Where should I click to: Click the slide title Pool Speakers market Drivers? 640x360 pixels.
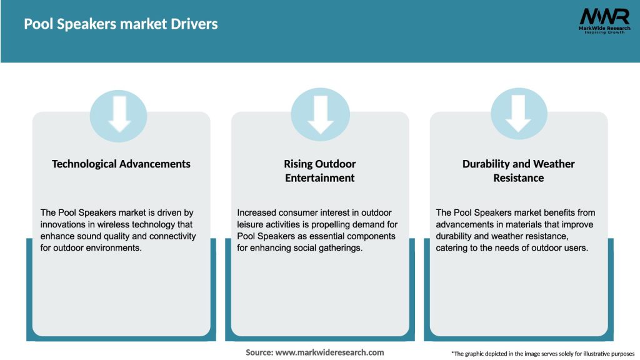(121, 24)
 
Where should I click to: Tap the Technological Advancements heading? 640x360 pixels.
(121, 164)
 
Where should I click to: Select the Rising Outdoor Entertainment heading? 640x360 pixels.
(320, 171)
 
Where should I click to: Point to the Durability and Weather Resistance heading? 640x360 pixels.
(518, 171)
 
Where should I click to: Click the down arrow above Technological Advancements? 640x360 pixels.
(119, 113)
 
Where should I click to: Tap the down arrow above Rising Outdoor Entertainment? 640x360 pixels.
(320, 113)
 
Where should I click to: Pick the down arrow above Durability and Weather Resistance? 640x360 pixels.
(518, 113)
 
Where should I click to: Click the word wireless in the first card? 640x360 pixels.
(112, 224)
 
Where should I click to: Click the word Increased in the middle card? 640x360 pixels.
(258, 212)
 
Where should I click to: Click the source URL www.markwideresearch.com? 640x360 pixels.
(330, 352)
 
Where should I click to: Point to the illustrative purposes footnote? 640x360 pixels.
(542, 354)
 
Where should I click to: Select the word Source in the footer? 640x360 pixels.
(259, 352)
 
